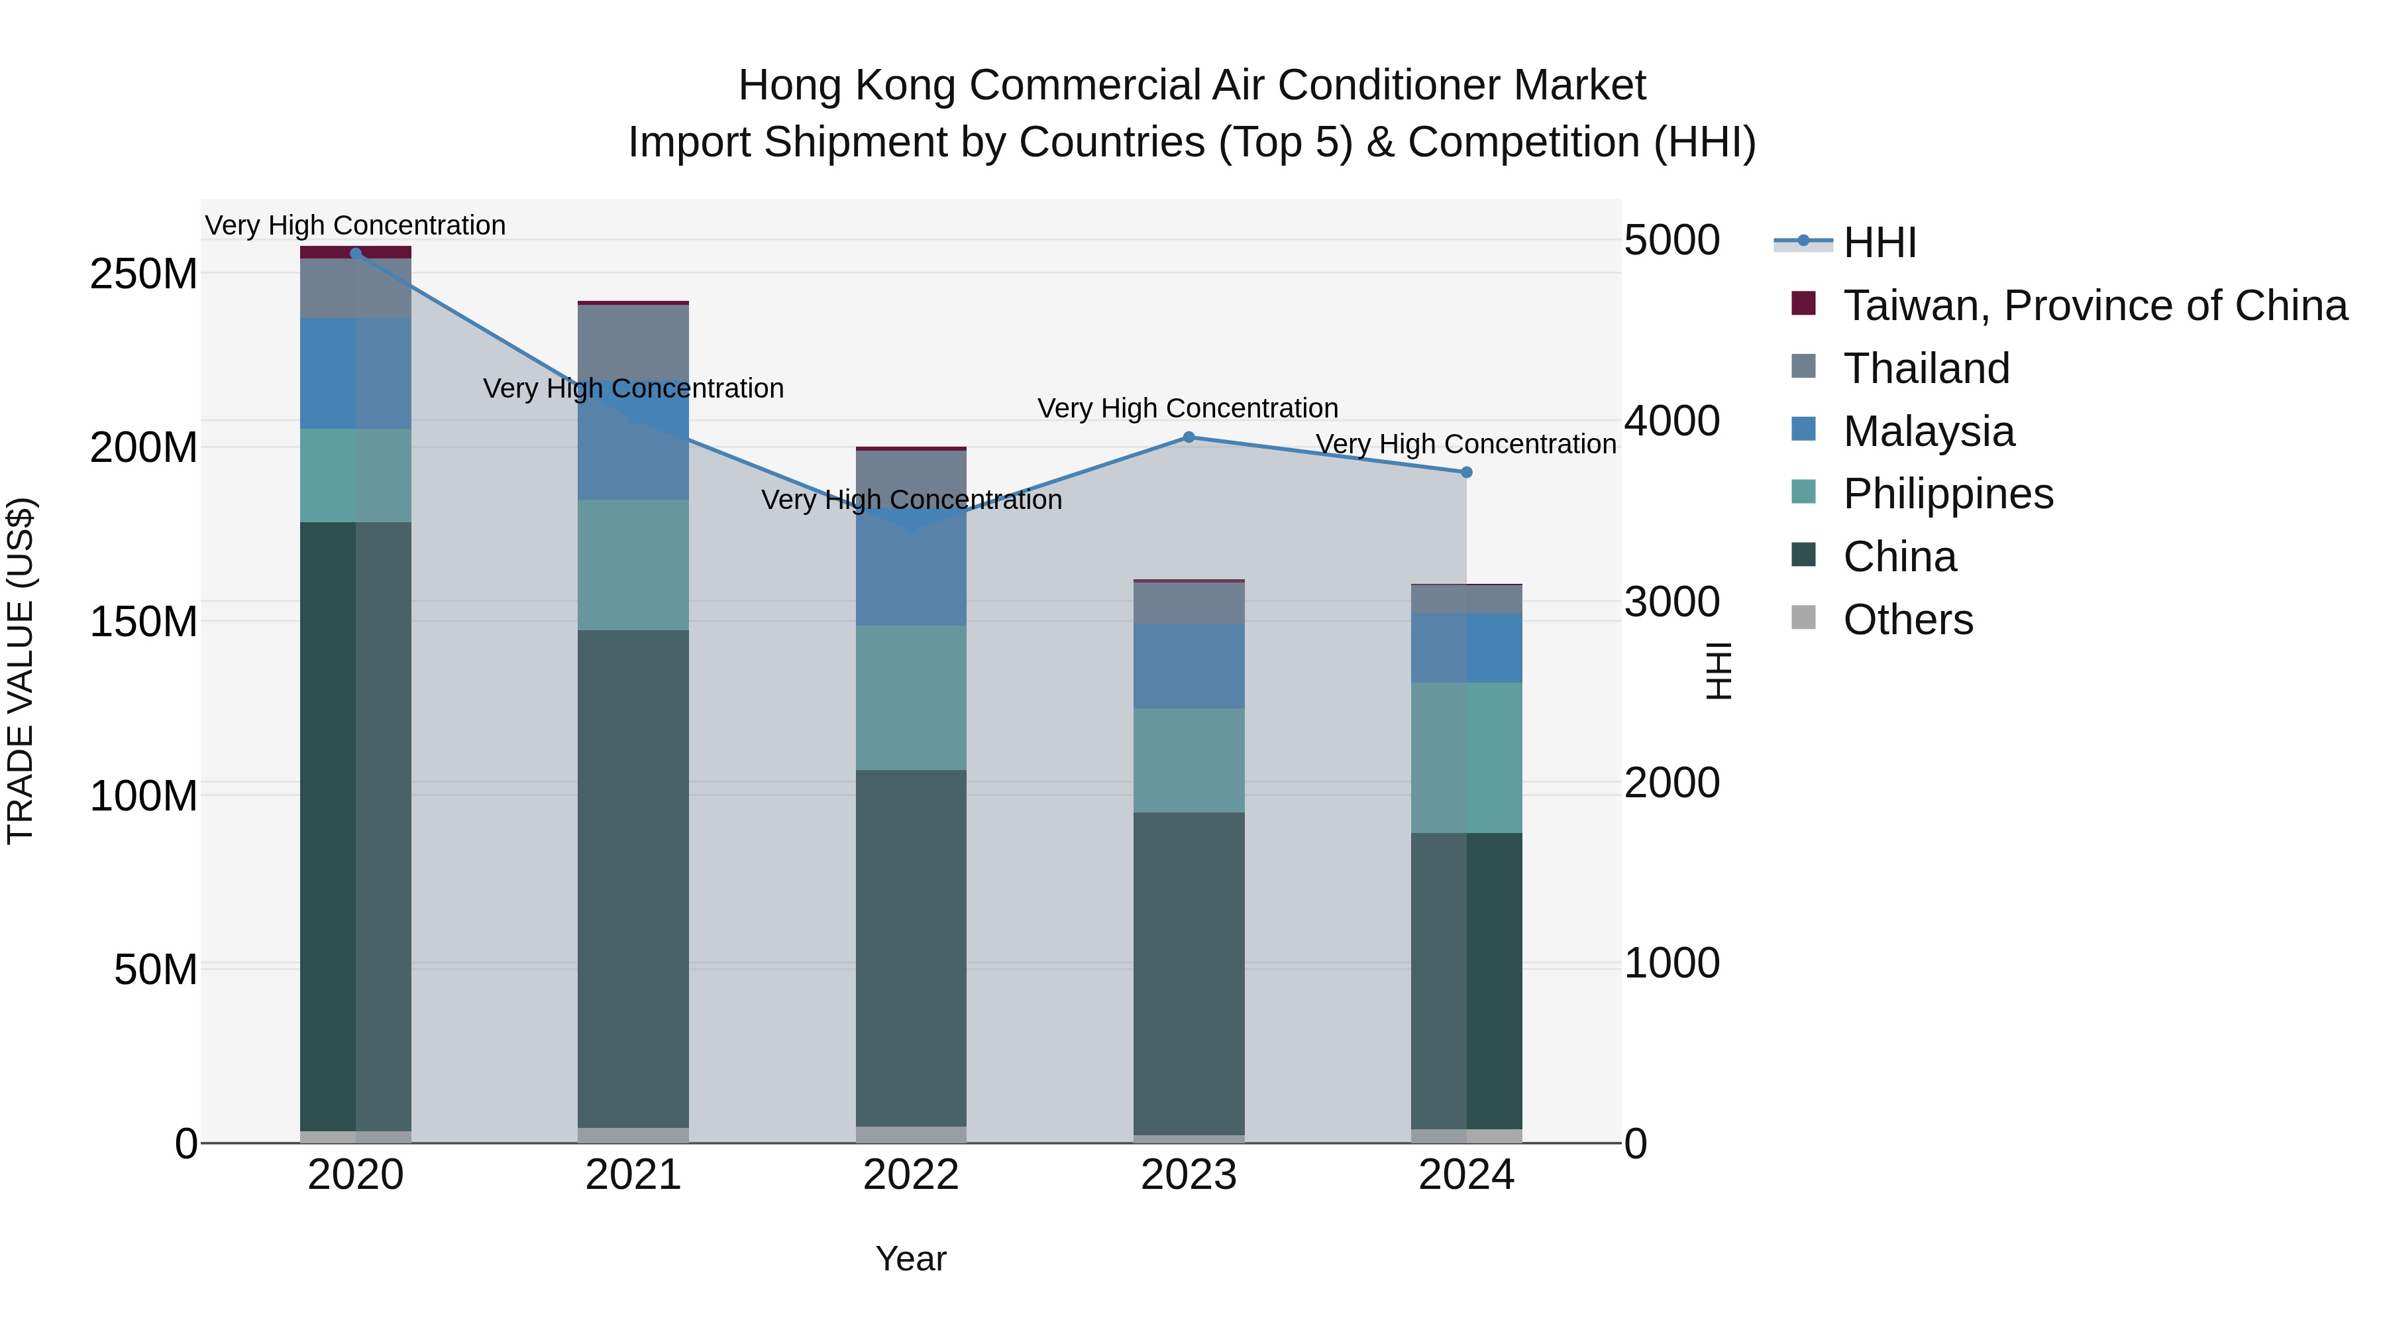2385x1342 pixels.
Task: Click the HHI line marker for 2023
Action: click(x=1189, y=437)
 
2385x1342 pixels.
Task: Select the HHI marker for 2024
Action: click(x=1467, y=473)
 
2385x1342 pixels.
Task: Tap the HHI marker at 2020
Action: click(x=356, y=253)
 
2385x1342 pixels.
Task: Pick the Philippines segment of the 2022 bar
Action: click(x=911, y=697)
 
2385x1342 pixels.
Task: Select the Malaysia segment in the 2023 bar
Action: click(x=1189, y=666)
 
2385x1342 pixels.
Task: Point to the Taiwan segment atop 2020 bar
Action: click(x=356, y=251)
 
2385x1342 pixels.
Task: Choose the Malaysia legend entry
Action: click(x=1928, y=431)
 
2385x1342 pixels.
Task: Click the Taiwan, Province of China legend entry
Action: click(x=2094, y=306)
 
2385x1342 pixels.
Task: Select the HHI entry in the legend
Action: click(x=1880, y=243)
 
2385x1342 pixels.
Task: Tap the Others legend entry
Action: click(x=1907, y=620)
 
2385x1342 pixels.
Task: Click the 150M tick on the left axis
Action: click(x=144, y=622)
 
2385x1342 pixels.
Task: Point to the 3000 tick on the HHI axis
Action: click(x=1672, y=602)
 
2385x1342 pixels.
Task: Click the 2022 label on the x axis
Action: click(x=911, y=1175)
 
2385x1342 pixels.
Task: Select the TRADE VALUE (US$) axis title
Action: click(x=21, y=671)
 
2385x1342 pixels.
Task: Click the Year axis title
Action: click(x=911, y=1258)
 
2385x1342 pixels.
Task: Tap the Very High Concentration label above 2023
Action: click(x=1188, y=408)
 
